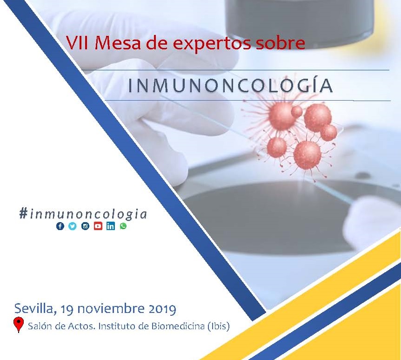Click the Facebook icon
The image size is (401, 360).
tap(60, 226)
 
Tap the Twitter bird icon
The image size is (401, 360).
tap(73, 226)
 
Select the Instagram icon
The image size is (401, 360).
tap(86, 226)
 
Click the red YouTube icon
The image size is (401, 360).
tap(98, 226)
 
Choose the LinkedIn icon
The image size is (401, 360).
tap(111, 226)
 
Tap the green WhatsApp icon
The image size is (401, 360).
tap(123, 226)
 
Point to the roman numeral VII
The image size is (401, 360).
tap(77, 43)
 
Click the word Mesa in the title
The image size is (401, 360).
tap(118, 43)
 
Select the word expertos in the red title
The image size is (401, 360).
tap(212, 43)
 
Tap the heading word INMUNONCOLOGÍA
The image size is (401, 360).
tap(230, 86)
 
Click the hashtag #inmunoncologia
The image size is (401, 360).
tap(83, 214)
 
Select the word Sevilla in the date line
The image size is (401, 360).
tap(35, 309)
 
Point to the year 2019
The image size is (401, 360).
tap(162, 309)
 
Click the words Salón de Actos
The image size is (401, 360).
tap(62, 326)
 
